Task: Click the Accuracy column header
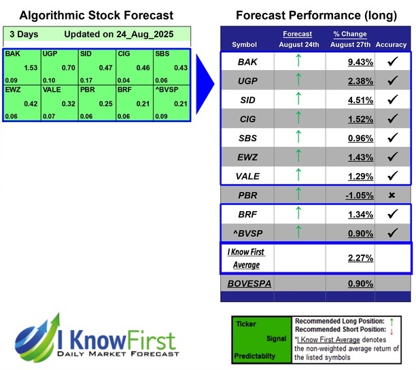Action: [x=390, y=44]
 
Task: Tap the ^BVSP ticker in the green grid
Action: [x=166, y=88]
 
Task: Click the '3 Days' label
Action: [x=22, y=33]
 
